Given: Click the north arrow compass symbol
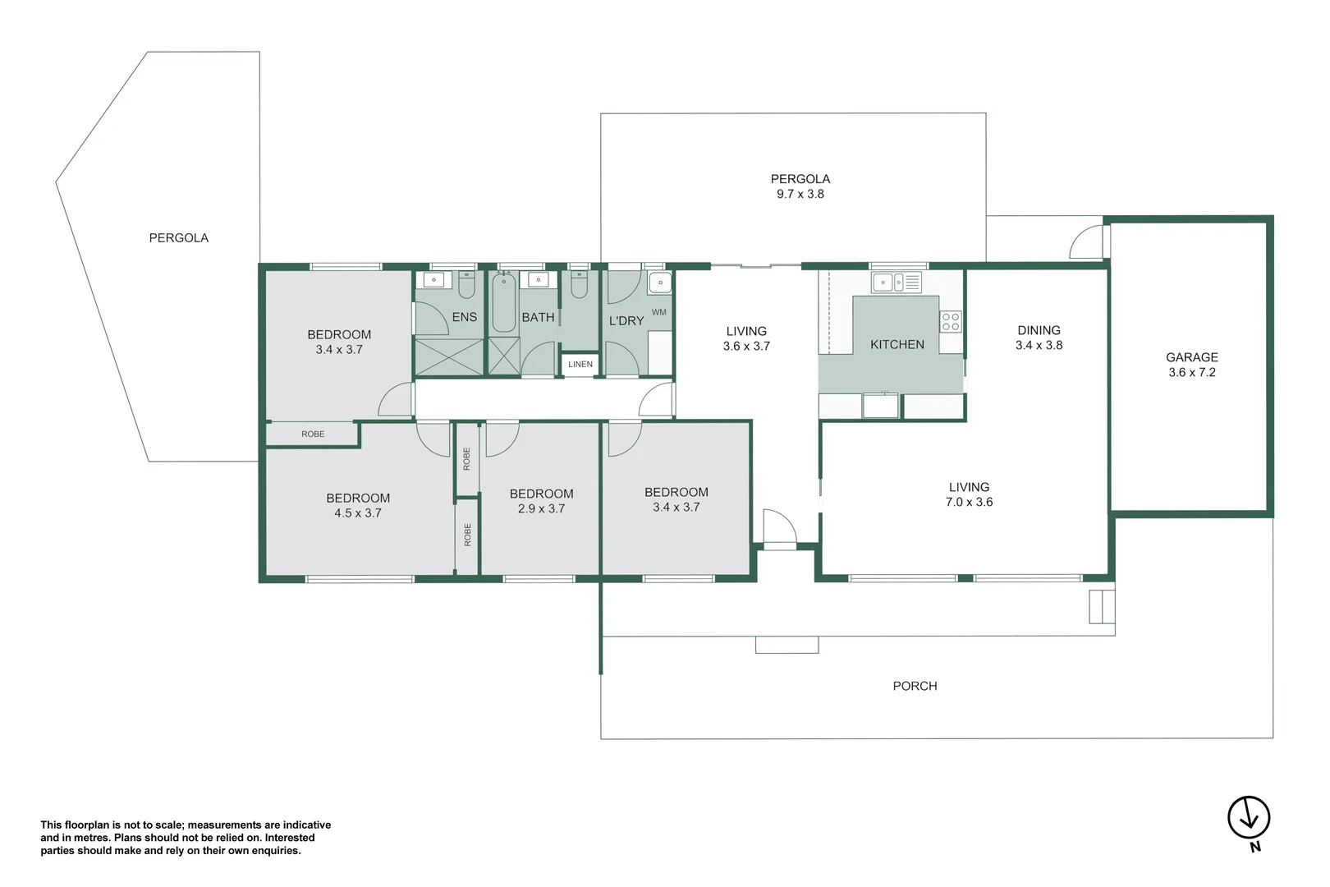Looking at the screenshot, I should [1248, 817].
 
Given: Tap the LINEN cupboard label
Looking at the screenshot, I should [580, 364].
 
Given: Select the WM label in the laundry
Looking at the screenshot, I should [658, 312].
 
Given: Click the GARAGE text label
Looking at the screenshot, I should [1191, 357].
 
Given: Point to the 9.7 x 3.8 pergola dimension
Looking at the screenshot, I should [800, 194].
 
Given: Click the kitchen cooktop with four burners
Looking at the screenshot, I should [950, 321].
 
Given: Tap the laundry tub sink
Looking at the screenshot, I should [659, 284].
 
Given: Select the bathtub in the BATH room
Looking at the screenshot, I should [503, 302].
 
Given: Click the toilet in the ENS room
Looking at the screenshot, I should [466, 285].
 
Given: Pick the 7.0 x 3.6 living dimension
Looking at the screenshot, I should [969, 502].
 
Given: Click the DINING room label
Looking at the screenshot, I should [1039, 330].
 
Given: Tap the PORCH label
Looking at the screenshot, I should [915, 686].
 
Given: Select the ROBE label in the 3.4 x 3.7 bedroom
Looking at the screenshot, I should [313, 434].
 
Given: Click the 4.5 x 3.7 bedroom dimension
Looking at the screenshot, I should [357, 512].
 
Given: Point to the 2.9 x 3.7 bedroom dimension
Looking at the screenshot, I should [541, 508].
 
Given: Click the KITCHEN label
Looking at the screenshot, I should [897, 345].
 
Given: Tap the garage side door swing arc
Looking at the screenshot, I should [1085, 241].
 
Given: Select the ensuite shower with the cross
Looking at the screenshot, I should [448, 356].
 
